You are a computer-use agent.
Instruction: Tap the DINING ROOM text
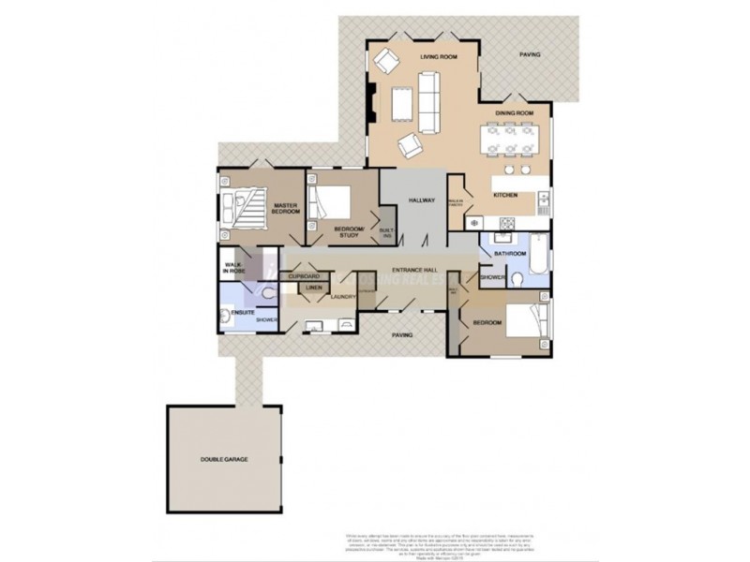click(x=514, y=113)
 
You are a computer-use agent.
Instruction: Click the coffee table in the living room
click(x=401, y=103)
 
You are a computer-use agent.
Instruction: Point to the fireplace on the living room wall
click(x=373, y=105)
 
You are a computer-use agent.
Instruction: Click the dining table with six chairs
click(x=511, y=141)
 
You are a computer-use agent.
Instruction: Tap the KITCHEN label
click(x=506, y=195)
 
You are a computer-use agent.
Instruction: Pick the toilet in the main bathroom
click(x=521, y=278)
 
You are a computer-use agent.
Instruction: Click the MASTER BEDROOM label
click(x=286, y=209)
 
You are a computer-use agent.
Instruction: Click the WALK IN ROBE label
click(x=234, y=268)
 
